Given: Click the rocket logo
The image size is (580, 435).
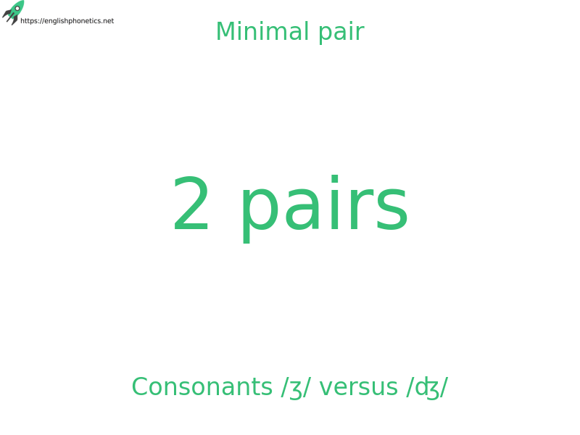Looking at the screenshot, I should pyautogui.click(x=14, y=12).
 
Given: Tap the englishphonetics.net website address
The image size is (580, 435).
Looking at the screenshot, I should pyautogui.click(x=67, y=21).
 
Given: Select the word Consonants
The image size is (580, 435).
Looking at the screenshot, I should pyautogui.click(x=202, y=387).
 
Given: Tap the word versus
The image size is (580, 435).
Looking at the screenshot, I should pyautogui.click(x=358, y=388).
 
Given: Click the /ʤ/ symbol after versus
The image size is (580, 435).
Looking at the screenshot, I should pyautogui.click(x=426, y=389).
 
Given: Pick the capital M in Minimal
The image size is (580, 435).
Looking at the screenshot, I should pyautogui.click(x=225, y=32).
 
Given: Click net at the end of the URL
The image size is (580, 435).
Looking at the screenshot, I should pyautogui.click(x=107, y=21).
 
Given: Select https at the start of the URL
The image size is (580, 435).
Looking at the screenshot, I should pyautogui.click(x=28, y=21).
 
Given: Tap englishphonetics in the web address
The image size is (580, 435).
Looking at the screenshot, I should pyautogui.click(x=71, y=21).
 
